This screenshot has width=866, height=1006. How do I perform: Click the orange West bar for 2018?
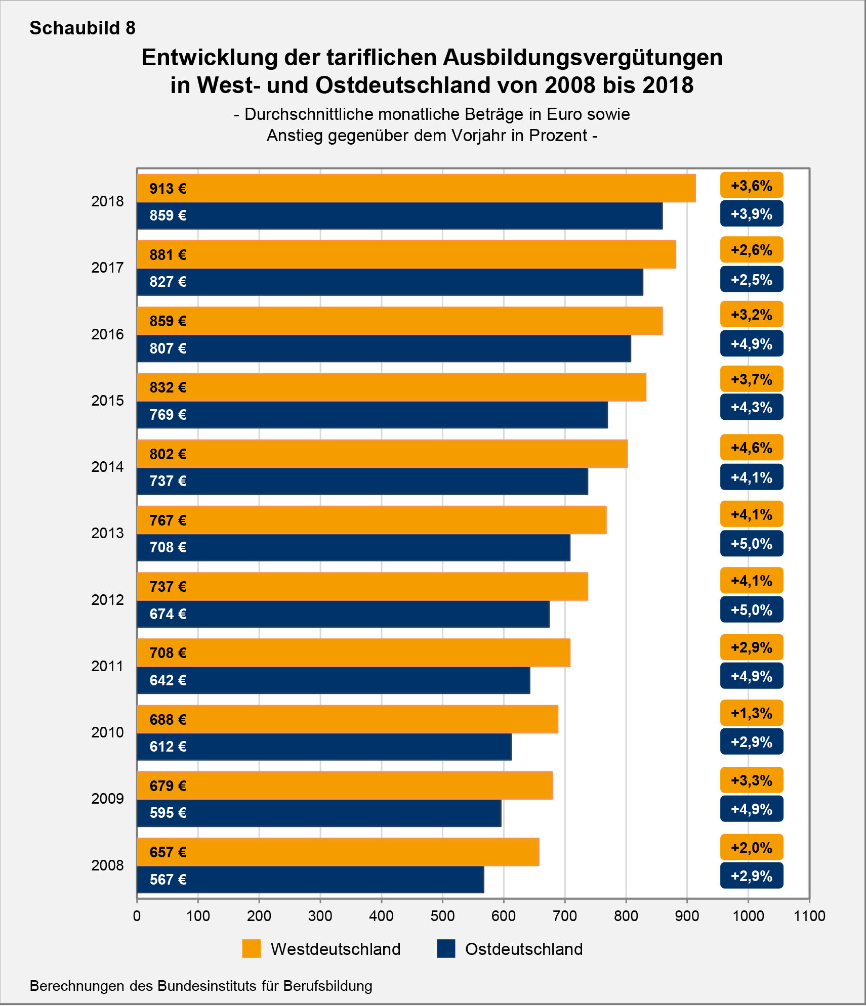tap(415, 188)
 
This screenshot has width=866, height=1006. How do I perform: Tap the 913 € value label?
tap(168, 189)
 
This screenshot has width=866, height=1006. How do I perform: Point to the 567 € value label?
tap(168, 880)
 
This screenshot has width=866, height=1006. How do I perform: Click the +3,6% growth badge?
tap(752, 186)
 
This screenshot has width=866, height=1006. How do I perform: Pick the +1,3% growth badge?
tap(752, 713)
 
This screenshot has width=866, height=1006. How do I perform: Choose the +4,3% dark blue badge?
tap(752, 407)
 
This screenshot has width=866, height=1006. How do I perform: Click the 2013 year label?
tap(107, 533)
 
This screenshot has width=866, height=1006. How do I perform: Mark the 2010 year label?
tap(107, 732)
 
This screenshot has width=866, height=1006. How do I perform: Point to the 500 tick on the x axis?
tap(442, 916)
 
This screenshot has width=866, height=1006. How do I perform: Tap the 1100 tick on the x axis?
tap(809, 916)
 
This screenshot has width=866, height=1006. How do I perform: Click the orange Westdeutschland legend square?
tap(252, 949)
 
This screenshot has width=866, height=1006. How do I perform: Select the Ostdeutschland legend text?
tap(524, 949)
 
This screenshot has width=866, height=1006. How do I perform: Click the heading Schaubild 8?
tap(83, 28)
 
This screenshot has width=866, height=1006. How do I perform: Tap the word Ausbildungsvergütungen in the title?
tap(583, 58)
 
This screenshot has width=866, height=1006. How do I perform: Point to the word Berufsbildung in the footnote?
tap(328, 986)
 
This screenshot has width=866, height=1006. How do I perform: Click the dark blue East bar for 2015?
tap(372, 415)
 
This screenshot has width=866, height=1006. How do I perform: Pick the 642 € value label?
tap(168, 680)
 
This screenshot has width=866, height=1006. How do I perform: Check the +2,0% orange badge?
tap(752, 848)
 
